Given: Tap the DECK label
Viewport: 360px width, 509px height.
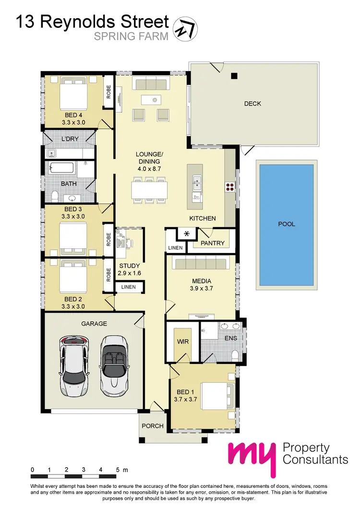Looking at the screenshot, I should pos(252,103).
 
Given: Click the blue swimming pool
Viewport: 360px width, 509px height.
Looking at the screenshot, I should pos(286,224).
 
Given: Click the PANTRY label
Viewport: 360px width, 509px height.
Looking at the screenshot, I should pos(213,243).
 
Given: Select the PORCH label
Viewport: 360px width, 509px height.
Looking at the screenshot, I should pos(153,426).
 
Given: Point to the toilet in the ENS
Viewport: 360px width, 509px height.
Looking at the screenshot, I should pos(235,354).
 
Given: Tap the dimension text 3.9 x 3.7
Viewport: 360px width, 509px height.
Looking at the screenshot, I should pos(201,289).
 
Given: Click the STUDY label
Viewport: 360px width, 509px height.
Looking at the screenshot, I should pos(130,266).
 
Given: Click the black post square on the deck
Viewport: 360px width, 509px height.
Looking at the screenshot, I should pos(234,75).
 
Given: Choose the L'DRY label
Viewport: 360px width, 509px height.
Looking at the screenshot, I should pos(70,139).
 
